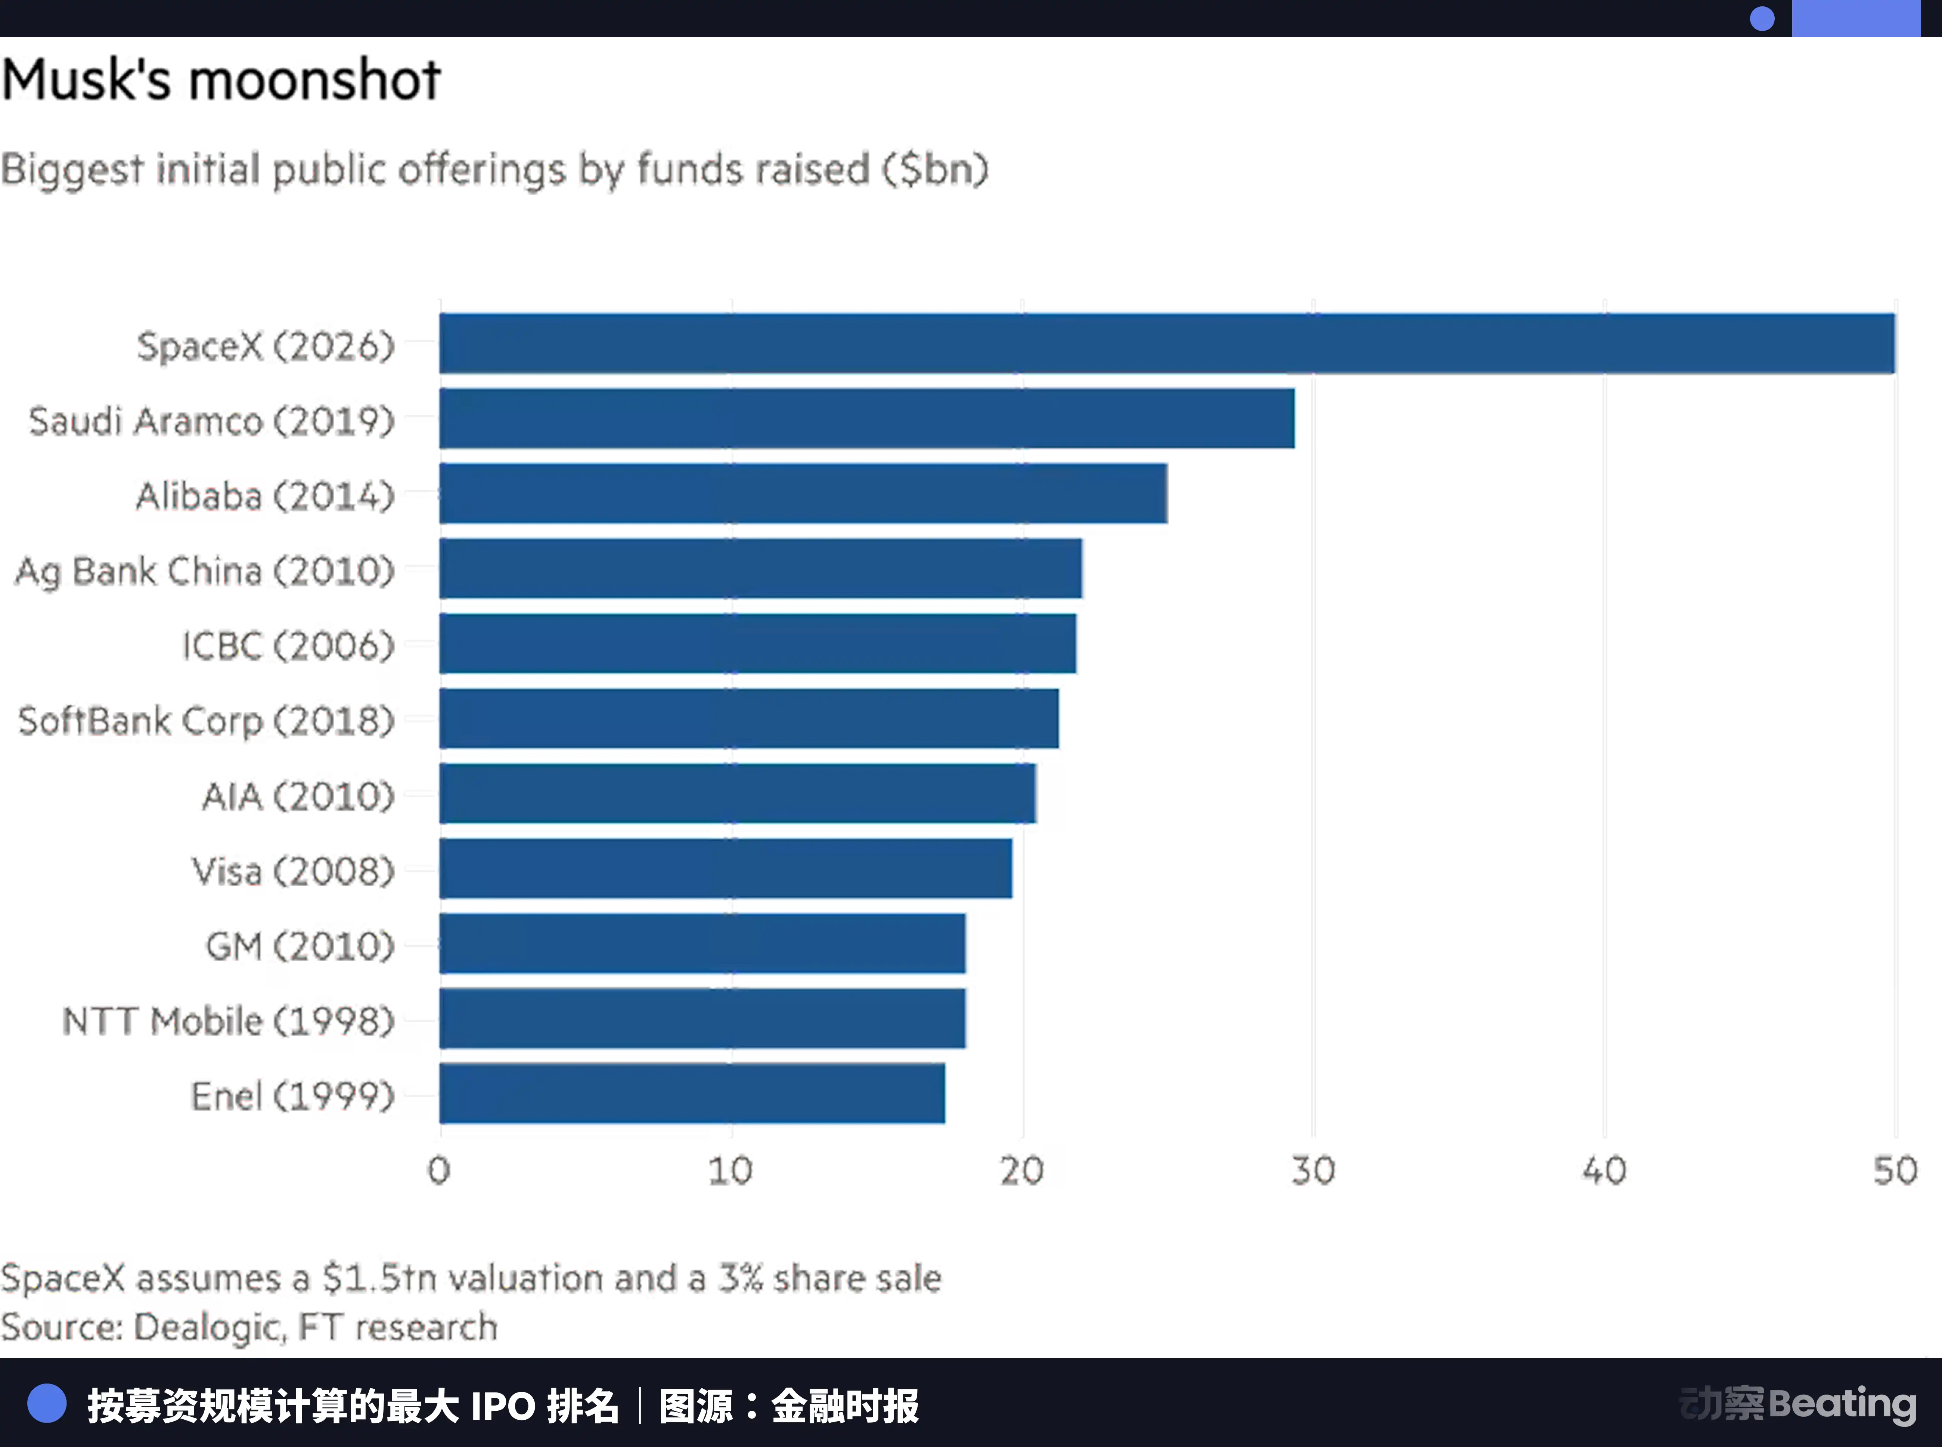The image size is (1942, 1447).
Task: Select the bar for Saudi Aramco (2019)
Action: click(x=867, y=419)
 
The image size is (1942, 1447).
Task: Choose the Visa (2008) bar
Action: click(x=727, y=869)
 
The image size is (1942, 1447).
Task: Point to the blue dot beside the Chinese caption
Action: click(x=47, y=1404)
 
